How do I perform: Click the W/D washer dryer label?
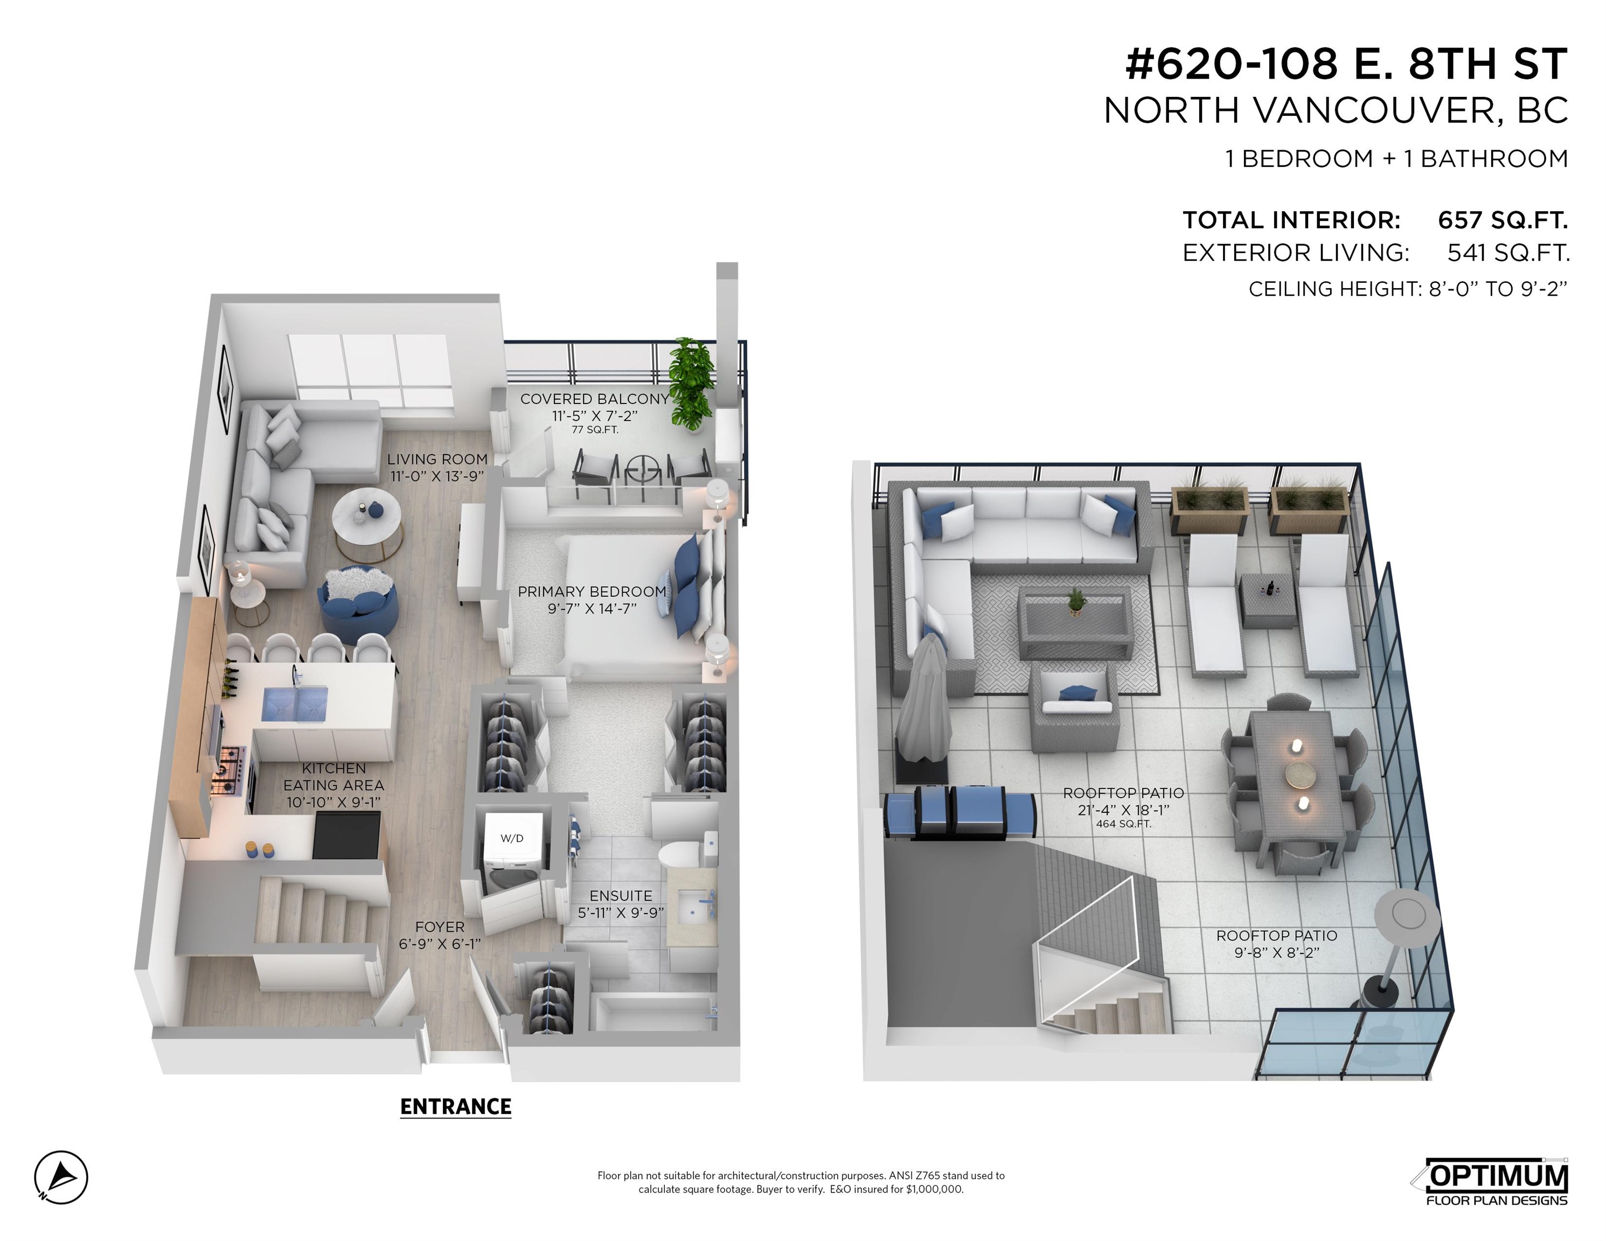point(512,838)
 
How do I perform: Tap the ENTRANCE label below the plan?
point(455,1106)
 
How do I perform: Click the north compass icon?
point(61,1177)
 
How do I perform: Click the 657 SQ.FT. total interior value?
point(1503,220)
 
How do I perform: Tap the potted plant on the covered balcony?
point(691,384)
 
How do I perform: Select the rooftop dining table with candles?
point(1298,779)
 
